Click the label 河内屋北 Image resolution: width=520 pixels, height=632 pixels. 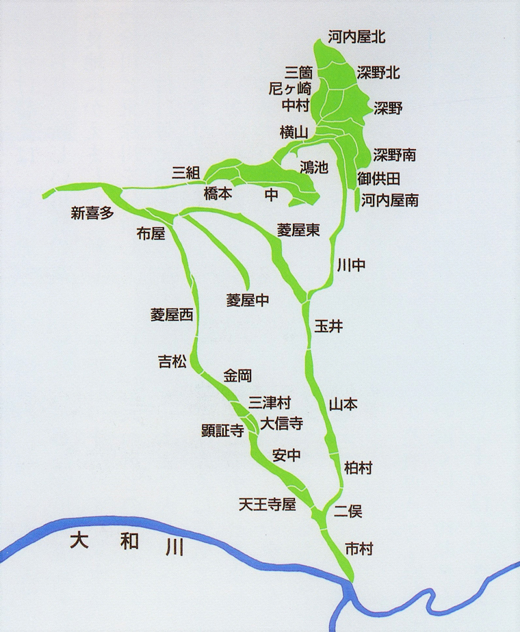(x=356, y=37)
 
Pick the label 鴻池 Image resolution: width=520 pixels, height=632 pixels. (x=314, y=166)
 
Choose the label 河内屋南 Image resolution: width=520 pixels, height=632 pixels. (x=390, y=200)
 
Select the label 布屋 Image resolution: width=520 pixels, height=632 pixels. (x=151, y=234)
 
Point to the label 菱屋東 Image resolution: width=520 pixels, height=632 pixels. (x=298, y=231)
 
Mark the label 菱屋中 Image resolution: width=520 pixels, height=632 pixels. (x=247, y=300)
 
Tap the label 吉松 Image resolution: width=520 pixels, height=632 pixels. (x=172, y=362)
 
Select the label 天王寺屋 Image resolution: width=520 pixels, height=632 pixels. (x=267, y=505)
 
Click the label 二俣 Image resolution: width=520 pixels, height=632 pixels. (x=348, y=511)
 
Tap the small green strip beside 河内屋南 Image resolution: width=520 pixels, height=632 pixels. (x=357, y=199)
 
